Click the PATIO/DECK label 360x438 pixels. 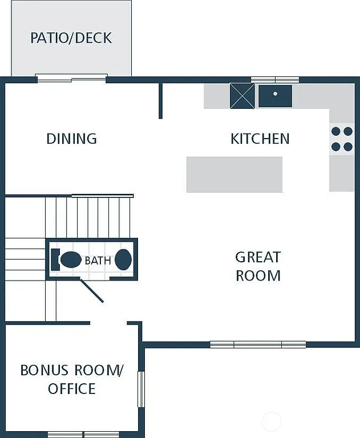(x=71, y=38)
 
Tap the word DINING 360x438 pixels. (x=71, y=139)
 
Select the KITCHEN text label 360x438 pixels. (x=260, y=139)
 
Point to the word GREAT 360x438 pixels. (x=258, y=257)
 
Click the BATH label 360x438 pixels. (x=98, y=261)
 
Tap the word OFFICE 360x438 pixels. (x=72, y=389)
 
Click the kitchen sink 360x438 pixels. (x=275, y=96)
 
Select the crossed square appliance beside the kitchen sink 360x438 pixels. (x=242, y=96)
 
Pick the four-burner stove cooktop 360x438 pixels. (x=342, y=139)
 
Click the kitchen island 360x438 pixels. (x=234, y=175)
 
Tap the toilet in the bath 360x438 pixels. (x=68, y=259)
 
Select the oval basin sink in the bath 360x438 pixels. (x=123, y=259)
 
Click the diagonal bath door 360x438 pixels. (x=91, y=291)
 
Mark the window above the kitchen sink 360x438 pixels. (x=275, y=79)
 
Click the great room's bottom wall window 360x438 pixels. (x=258, y=344)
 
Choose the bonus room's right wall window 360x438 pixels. (x=141, y=389)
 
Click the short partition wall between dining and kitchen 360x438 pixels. (x=160, y=101)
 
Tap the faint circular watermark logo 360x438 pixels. (x=272, y=421)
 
